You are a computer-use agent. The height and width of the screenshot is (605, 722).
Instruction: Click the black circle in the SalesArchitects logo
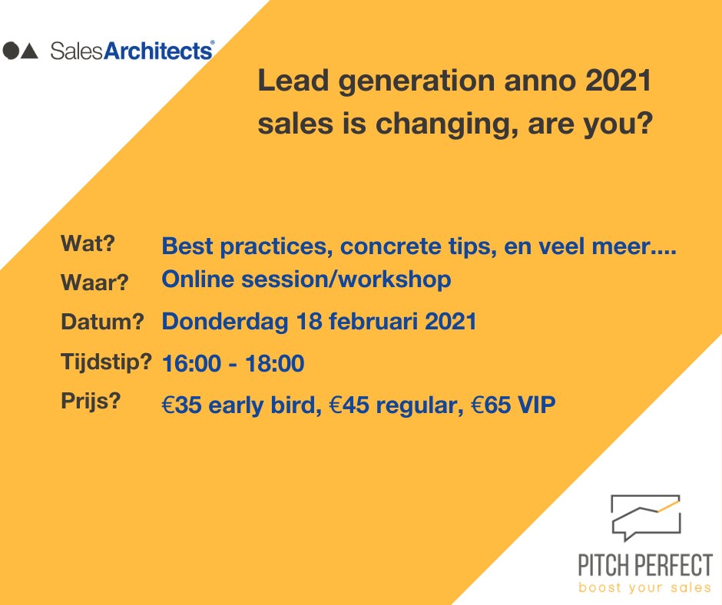tap(11, 51)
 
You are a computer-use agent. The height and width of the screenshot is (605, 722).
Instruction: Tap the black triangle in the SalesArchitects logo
tap(30, 51)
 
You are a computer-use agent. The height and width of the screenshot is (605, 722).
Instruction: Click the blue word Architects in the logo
tap(158, 51)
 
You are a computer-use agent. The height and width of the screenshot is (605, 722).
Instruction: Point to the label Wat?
tap(88, 243)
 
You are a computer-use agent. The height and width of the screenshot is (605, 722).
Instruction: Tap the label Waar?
tap(94, 283)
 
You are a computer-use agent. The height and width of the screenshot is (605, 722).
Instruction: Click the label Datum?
tap(102, 322)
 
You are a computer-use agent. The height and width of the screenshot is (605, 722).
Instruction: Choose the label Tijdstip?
tap(106, 362)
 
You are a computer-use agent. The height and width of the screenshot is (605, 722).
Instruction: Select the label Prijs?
tap(91, 402)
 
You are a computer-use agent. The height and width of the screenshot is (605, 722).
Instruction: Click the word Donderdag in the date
tap(225, 322)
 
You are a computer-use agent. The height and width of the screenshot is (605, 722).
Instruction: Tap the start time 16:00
tap(191, 364)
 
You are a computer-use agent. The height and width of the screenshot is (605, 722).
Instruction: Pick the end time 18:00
tap(274, 364)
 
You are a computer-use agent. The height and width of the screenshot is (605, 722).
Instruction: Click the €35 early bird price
tap(239, 405)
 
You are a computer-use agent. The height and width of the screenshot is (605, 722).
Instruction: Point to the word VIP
tap(536, 405)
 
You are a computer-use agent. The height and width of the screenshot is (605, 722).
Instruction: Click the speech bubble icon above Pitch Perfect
tap(645, 517)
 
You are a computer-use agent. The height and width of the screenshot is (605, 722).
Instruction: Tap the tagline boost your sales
tap(644, 588)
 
